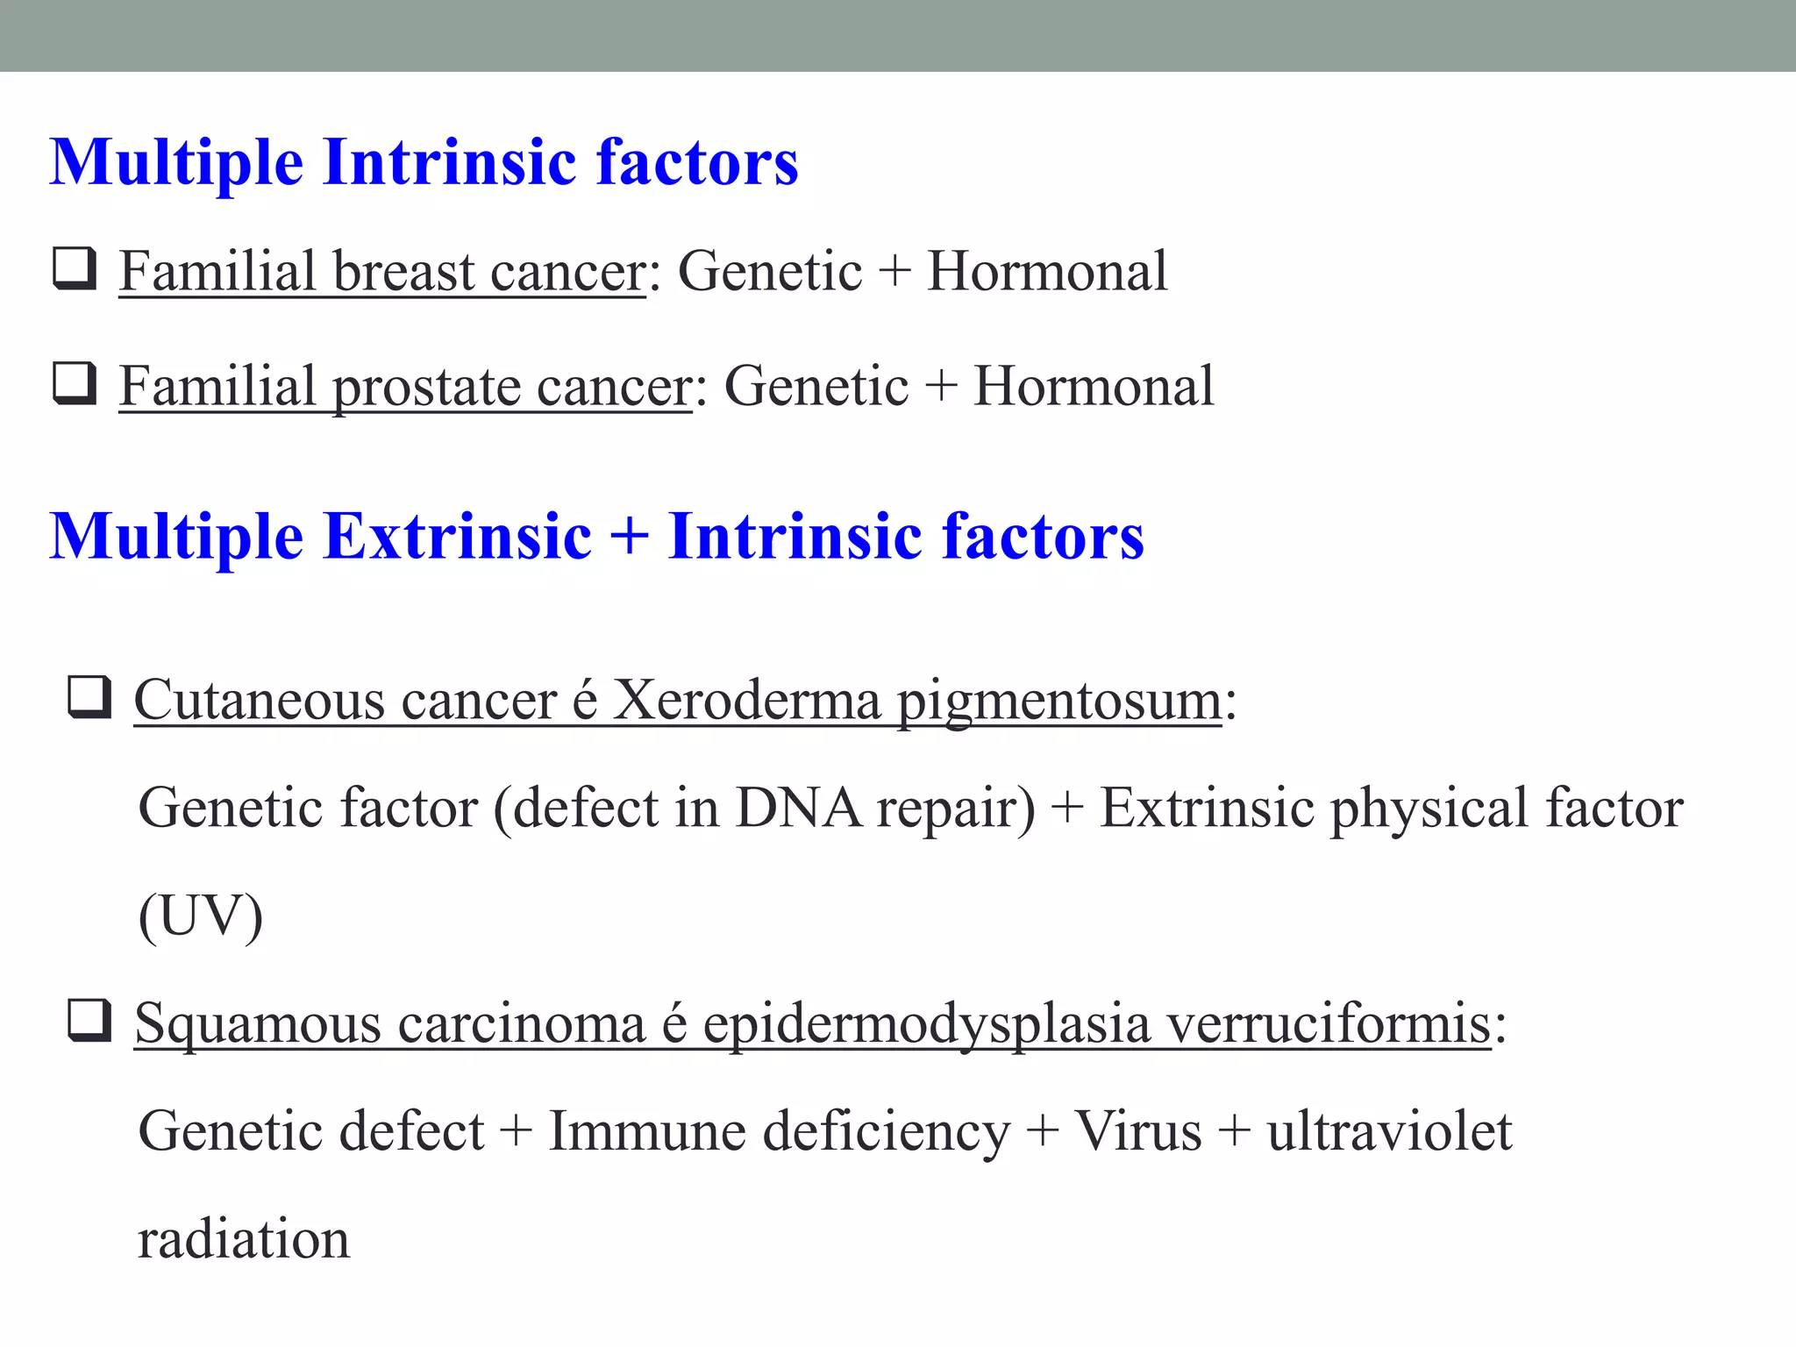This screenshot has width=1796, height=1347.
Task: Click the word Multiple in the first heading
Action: (176, 163)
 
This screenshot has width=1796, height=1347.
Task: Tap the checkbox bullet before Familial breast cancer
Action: (75, 268)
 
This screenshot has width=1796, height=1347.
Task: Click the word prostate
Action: (425, 387)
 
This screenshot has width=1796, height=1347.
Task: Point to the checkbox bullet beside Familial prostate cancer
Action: (75, 384)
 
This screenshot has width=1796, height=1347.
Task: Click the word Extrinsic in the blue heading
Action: (457, 537)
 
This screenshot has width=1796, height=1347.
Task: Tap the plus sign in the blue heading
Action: (629, 537)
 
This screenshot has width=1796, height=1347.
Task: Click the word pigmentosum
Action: (1059, 702)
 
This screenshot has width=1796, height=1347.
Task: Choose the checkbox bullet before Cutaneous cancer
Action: (89, 698)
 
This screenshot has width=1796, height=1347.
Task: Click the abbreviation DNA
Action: (798, 808)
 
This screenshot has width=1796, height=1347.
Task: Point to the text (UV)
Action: (201, 916)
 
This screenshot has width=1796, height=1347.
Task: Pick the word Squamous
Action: (258, 1023)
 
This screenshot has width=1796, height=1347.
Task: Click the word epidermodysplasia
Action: (926, 1025)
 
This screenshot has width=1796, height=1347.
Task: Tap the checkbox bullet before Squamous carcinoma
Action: (89, 1021)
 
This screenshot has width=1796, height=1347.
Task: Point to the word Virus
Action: (1137, 1131)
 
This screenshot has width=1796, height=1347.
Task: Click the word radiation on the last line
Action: (244, 1239)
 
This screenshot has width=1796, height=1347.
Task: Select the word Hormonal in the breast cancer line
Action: (1047, 271)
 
